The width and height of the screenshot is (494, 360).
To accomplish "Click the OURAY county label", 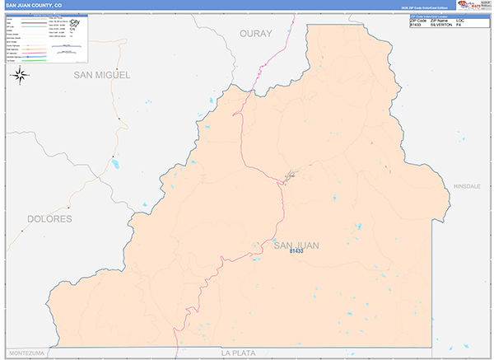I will click(254, 33).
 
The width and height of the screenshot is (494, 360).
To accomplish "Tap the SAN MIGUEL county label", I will click(102, 75).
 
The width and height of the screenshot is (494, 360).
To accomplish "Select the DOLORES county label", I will click(50, 219).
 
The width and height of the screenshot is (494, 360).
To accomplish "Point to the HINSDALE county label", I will click(466, 187).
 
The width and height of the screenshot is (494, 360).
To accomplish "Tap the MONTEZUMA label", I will click(27, 353).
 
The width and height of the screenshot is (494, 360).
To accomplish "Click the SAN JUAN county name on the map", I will click(296, 245).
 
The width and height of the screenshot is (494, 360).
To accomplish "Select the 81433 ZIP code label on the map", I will click(296, 251).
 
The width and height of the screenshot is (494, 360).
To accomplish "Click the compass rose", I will click(21, 77).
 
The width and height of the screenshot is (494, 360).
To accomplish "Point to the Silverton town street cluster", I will click(290, 175).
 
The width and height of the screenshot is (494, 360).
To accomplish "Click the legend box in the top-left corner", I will click(49, 39).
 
